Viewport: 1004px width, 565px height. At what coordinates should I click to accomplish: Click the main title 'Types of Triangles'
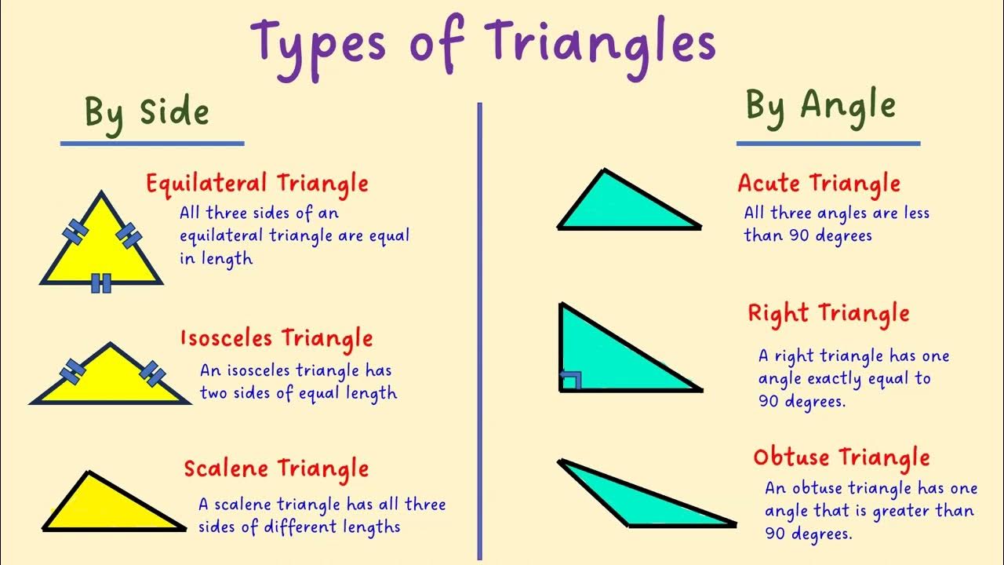483,43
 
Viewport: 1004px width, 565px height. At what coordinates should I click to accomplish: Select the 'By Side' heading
147,112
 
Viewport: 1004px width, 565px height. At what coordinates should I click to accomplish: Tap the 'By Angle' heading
820,105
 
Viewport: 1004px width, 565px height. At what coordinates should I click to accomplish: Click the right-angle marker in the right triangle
571,381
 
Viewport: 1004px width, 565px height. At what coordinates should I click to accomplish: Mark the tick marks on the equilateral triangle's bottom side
101,283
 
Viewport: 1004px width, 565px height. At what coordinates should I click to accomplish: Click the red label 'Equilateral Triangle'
256,184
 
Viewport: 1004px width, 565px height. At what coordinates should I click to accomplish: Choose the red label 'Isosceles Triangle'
276,339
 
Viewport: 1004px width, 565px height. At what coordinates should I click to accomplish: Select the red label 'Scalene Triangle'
276,468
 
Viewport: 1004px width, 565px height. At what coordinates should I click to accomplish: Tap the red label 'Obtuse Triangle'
841,457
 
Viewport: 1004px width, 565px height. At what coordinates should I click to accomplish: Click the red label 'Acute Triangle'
819,184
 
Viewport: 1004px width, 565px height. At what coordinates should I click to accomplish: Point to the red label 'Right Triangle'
828,313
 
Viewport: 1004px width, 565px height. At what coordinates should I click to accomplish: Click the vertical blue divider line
478,330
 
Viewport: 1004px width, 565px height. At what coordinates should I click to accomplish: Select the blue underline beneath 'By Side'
152,144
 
